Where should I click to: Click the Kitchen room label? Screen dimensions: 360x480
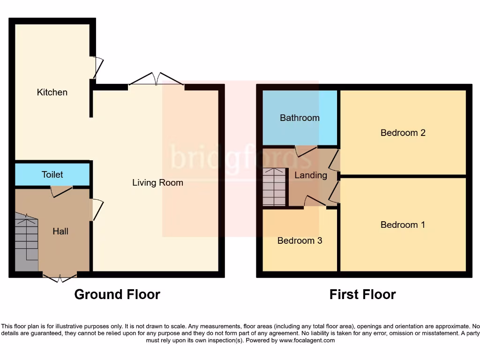(52, 92)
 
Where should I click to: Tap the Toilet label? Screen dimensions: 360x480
(52, 174)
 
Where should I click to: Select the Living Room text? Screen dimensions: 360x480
(157, 182)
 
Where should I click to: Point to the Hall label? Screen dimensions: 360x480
(60, 231)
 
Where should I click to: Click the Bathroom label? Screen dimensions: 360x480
(300, 118)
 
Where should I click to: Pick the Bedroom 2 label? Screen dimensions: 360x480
(403, 133)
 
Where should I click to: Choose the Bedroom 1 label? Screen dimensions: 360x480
(403, 225)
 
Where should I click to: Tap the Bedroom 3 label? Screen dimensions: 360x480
(300, 240)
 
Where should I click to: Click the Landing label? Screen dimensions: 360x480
(310, 175)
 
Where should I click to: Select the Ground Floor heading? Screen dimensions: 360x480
(117, 294)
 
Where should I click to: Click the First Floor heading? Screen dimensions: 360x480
(362, 294)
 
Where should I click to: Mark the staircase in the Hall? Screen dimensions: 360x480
(26, 242)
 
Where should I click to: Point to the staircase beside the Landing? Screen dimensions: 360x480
(274, 187)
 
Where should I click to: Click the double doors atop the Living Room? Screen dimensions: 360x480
(156, 79)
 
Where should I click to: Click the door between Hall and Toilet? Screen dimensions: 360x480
(61, 191)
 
